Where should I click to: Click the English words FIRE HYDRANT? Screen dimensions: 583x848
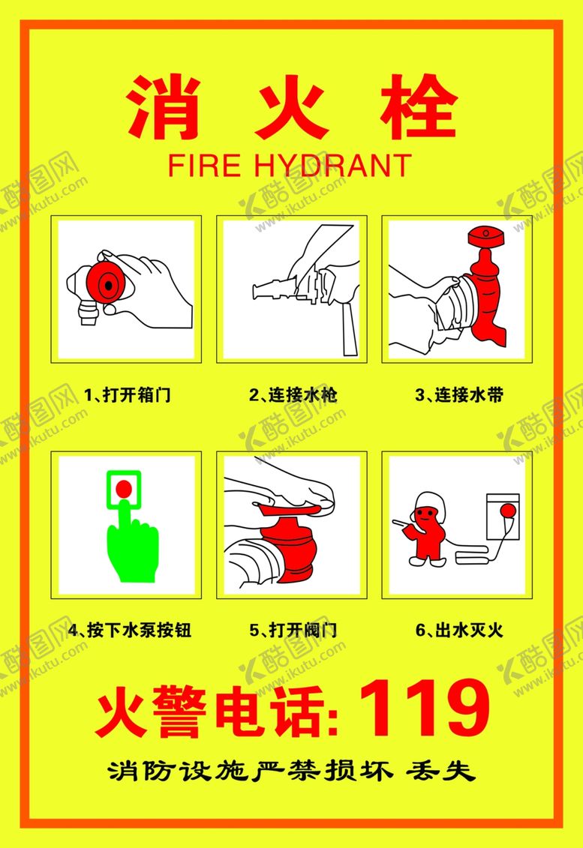[x=290, y=165]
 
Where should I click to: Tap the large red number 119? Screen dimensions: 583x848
[x=424, y=708]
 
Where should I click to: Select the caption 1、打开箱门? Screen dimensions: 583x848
[x=128, y=394]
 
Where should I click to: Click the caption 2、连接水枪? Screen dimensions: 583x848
[x=293, y=394]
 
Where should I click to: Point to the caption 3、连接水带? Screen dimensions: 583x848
[x=459, y=394]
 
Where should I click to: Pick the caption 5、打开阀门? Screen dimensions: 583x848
[x=293, y=630]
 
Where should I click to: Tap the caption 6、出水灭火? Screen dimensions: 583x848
[x=459, y=630]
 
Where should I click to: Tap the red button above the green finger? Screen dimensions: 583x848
[x=124, y=489]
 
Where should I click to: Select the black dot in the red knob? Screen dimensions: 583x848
[x=109, y=284]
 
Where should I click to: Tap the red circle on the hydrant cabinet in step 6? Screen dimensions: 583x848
[x=508, y=510]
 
